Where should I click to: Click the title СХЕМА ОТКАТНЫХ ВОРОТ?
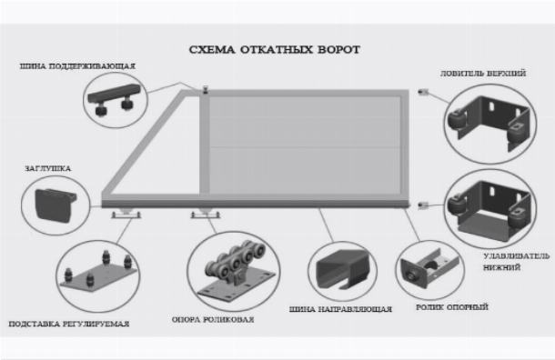(x=275, y=49)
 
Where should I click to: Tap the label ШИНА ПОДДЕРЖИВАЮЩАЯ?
(x=77, y=66)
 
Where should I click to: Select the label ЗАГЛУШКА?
(x=48, y=169)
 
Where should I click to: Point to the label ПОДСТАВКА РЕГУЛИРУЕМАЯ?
(x=69, y=324)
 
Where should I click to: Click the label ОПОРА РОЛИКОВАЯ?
(x=213, y=320)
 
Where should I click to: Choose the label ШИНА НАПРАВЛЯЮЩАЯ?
(x=340, y=309)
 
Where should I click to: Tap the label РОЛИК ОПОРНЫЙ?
(x=452, y=307)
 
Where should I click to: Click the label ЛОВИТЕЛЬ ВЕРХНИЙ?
(x=483, y=74)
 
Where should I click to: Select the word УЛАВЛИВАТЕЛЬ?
(x=517, y=256)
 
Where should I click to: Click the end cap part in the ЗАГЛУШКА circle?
(x=55, y=205)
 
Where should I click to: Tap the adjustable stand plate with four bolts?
(x=98, y=273)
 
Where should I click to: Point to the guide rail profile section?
(x=342, y=268)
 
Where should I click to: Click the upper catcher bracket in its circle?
(x=489, y=123)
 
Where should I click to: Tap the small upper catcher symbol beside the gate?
(x=423, y=93)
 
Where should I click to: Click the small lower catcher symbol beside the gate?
(x=423, y=205)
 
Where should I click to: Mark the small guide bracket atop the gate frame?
(x=205, y=90)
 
